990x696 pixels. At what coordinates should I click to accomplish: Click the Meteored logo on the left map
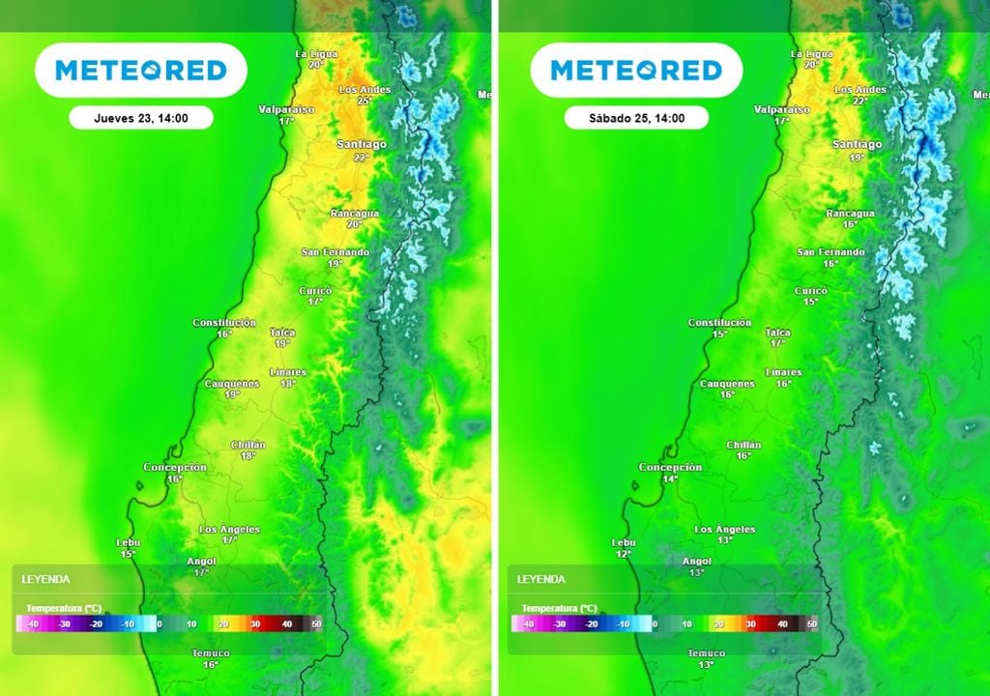click(x=141, y=71)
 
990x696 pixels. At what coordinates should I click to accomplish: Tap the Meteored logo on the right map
click(x=636, y=71)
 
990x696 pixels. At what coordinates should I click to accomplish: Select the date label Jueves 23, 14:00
click(x=141, y=118)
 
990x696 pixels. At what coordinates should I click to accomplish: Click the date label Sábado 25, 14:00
click(x=636, y=118)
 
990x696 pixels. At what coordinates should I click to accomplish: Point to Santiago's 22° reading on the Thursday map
click(x=362, y=157)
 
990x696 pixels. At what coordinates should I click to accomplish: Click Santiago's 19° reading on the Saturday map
click(x=857, y=157)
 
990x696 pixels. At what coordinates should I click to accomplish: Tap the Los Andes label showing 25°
click(x=364, y=94)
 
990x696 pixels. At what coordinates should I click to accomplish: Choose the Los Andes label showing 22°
click(x=859, y=94)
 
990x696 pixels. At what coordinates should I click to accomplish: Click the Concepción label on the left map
click(x=175, y=468)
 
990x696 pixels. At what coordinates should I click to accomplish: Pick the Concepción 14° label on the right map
click(x=670, y=473)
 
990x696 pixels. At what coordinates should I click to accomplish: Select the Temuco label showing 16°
click(x=211, y=658)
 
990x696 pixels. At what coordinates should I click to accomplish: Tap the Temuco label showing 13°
click(x=706, y=658)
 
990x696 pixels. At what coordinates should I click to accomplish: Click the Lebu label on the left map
click(x=128, y=543)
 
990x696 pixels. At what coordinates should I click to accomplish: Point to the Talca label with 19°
click(x=282, y=337)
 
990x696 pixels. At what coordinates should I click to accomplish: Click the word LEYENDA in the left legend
click(x=45, y=579)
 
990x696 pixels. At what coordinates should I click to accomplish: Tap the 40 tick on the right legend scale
click(x=782, y=624)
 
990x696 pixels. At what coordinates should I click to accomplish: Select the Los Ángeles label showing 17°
click(x=229, y=534)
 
